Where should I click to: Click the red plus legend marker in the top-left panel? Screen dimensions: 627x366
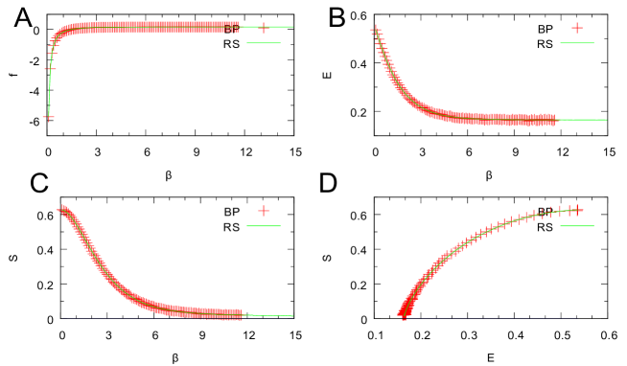tap(264, 28)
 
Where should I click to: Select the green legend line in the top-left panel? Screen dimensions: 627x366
tap(264, 43)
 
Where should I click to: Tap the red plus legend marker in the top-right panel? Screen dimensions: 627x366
tap(577, 28)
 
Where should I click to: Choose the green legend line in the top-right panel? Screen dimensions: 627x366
tap(577, 43)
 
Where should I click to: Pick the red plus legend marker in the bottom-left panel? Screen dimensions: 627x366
tap(264, 211)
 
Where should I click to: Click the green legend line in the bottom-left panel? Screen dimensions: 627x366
tap(264, 226)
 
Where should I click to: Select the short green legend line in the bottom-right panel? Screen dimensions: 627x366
tap(577, 226)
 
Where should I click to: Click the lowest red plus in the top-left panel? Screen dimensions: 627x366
tap(48, 117)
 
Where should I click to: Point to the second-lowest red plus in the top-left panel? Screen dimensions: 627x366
tap(50, 69)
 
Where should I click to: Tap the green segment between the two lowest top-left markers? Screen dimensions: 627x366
tap(49, 93)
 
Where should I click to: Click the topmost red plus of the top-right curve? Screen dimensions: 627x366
tap(375, 30)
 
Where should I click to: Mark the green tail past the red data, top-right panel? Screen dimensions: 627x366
tap(581, 120)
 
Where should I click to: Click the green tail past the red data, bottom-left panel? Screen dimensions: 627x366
tap(268, 314)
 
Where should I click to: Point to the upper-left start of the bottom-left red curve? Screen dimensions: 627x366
tap(63, 208)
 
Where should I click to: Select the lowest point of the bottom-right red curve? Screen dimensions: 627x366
tap(404, 314)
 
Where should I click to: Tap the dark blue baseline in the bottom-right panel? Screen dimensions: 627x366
tap(489, 318)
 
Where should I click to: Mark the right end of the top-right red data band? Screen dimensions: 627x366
tap(552, 120)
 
